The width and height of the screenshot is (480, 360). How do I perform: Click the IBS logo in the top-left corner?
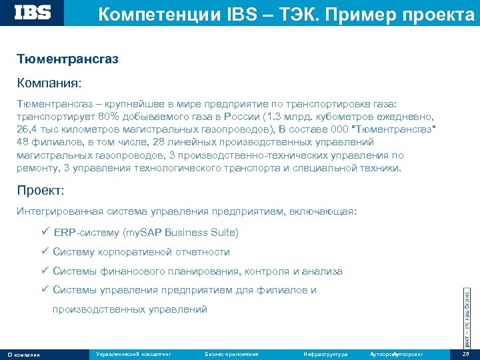click(33, 13)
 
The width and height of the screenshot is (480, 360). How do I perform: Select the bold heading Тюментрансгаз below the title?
click(68, 60)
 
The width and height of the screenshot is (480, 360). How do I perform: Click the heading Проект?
click(41, 191)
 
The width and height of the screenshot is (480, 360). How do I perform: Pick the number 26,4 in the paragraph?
click(28, 129)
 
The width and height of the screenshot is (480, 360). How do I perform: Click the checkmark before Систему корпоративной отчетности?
click(44, 252)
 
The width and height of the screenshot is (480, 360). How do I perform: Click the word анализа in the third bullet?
click(322, 271)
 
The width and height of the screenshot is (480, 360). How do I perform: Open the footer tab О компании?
click(23, 354)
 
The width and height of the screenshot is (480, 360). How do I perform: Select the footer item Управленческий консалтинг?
click(133, 353)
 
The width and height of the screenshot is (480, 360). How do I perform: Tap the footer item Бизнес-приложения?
click(231, 353)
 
